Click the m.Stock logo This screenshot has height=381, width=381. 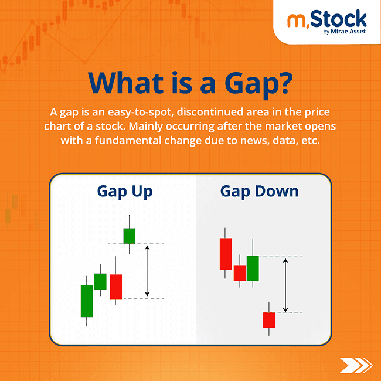click(326, 22)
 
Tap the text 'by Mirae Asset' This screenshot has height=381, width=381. click(345, 32)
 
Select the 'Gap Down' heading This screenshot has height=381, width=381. click(259, 191)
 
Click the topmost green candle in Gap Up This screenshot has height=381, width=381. click(129, 236)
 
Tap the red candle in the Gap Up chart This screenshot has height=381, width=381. click(116, 287)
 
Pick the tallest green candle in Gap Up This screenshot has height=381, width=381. click(87, 301)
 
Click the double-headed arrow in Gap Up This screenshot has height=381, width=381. click(147, 271)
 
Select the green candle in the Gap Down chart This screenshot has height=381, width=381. click(253, 268)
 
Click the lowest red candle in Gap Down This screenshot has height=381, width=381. click(268, 320)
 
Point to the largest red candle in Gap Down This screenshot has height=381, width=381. click(226, 254)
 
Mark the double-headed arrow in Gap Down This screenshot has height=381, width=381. click(285, 284)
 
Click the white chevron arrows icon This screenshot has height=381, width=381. click(355, 365)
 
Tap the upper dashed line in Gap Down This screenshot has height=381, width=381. click(281, 256)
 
